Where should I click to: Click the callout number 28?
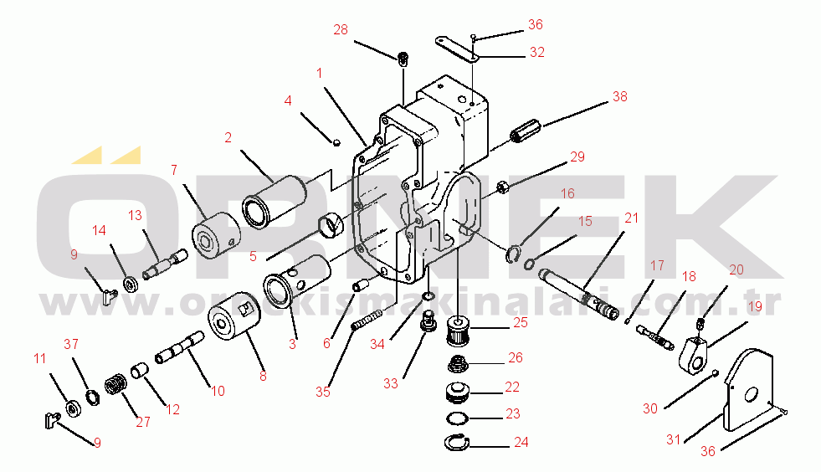[341, 30]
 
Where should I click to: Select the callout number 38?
[619, 96]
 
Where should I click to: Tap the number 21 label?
[631, 218]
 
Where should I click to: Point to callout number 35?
[323, 391]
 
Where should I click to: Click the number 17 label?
[657, 265]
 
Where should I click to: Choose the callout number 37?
[71, 344]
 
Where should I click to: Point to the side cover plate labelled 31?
[749, 392]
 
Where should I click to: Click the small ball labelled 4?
[336, 141]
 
